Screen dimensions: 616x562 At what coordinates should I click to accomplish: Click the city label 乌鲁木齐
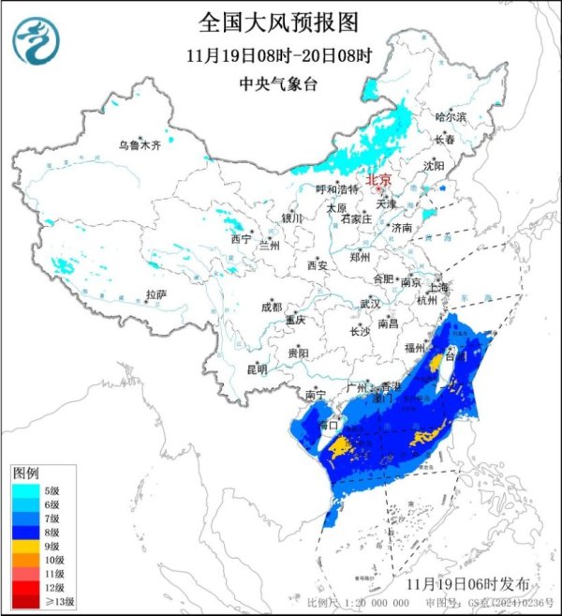point(139,145)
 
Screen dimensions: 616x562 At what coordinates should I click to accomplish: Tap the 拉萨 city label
point(155,294)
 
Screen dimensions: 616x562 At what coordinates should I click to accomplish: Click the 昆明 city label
point(256,369)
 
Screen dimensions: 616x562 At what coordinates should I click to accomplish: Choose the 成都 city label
point(271,306)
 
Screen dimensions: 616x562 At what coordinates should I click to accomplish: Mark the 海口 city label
point(328,425)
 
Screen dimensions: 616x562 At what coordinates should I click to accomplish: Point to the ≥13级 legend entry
point(37,601)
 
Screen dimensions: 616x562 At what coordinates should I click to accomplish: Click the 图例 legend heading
point(25,470)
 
